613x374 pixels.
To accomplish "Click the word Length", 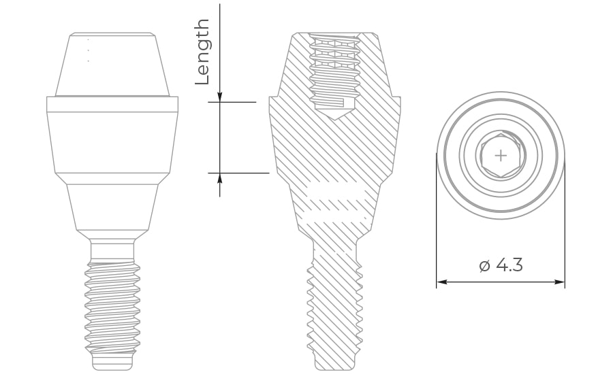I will (203, 52).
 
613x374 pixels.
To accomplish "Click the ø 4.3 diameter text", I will (501, 265).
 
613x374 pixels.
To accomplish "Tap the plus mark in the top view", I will (501, 155).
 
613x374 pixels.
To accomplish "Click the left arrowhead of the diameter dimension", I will (441, 282).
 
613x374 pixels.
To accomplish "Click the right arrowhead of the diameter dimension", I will (561, 282).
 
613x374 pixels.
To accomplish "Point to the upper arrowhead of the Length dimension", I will (220, 98).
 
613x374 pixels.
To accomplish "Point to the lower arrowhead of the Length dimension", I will (220, 177).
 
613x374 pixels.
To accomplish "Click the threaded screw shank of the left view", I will (112, 306).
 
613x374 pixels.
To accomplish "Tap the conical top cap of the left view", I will (112, 65).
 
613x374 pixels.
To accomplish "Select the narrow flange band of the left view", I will (112, 104).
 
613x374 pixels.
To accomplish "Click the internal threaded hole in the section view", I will (334, 68).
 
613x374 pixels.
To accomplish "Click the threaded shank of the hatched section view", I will (334, 306).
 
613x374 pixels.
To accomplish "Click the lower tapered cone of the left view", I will (112, 207).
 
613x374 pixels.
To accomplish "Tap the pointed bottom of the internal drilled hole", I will (334, 116).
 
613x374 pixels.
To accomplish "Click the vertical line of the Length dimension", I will (220, 136).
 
